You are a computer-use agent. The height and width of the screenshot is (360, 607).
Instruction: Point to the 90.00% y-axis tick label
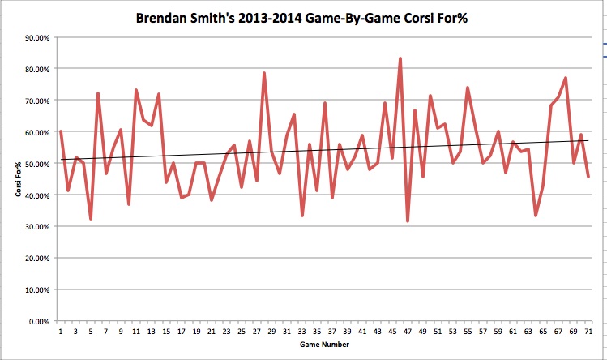tap(35, 37)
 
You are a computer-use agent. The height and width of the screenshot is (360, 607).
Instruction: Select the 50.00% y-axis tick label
tap(35, 164)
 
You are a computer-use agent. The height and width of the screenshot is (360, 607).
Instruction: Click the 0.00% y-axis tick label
tap(37, 321)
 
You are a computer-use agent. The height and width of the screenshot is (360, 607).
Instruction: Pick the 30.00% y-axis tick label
tap(35, 226)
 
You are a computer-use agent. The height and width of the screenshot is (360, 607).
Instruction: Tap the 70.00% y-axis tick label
tap(35, 101)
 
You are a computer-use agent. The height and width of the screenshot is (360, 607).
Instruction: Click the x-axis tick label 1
tap(61, 331)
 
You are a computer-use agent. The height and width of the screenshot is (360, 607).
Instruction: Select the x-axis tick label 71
tap(588, 331)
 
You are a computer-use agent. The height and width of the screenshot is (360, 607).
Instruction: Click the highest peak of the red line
tap(400, 58)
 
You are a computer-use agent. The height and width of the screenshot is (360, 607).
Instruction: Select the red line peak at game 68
tap(565, 78)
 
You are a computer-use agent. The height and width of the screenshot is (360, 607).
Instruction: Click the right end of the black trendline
tap(588, 140)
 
